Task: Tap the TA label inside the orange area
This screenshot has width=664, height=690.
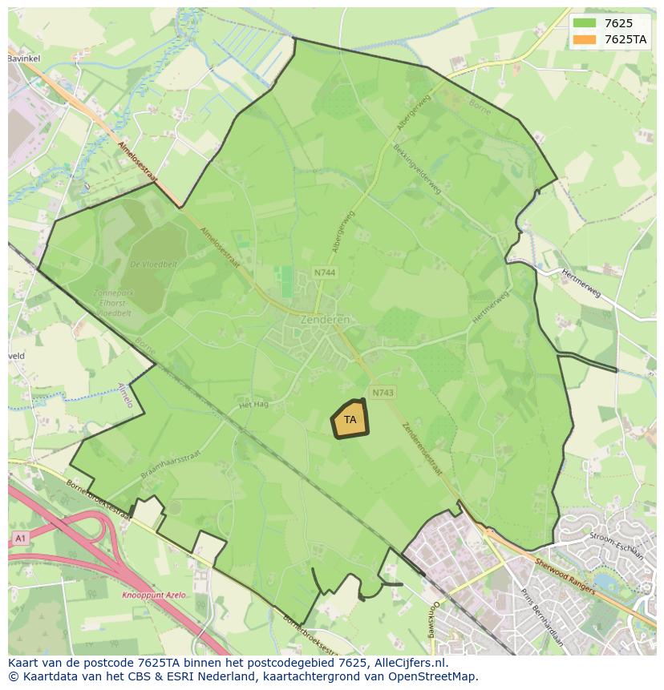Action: click(350, 420)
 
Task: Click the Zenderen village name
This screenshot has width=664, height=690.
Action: click(325, 318)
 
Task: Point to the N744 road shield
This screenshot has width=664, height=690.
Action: click(325, 273)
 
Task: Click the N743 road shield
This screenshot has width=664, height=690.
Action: click(383, 392)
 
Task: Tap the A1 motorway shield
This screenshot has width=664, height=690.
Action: click(20, 539)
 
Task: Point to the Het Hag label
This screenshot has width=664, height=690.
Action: click(253, 405)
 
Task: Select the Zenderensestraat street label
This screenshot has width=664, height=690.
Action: click(422, 449)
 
